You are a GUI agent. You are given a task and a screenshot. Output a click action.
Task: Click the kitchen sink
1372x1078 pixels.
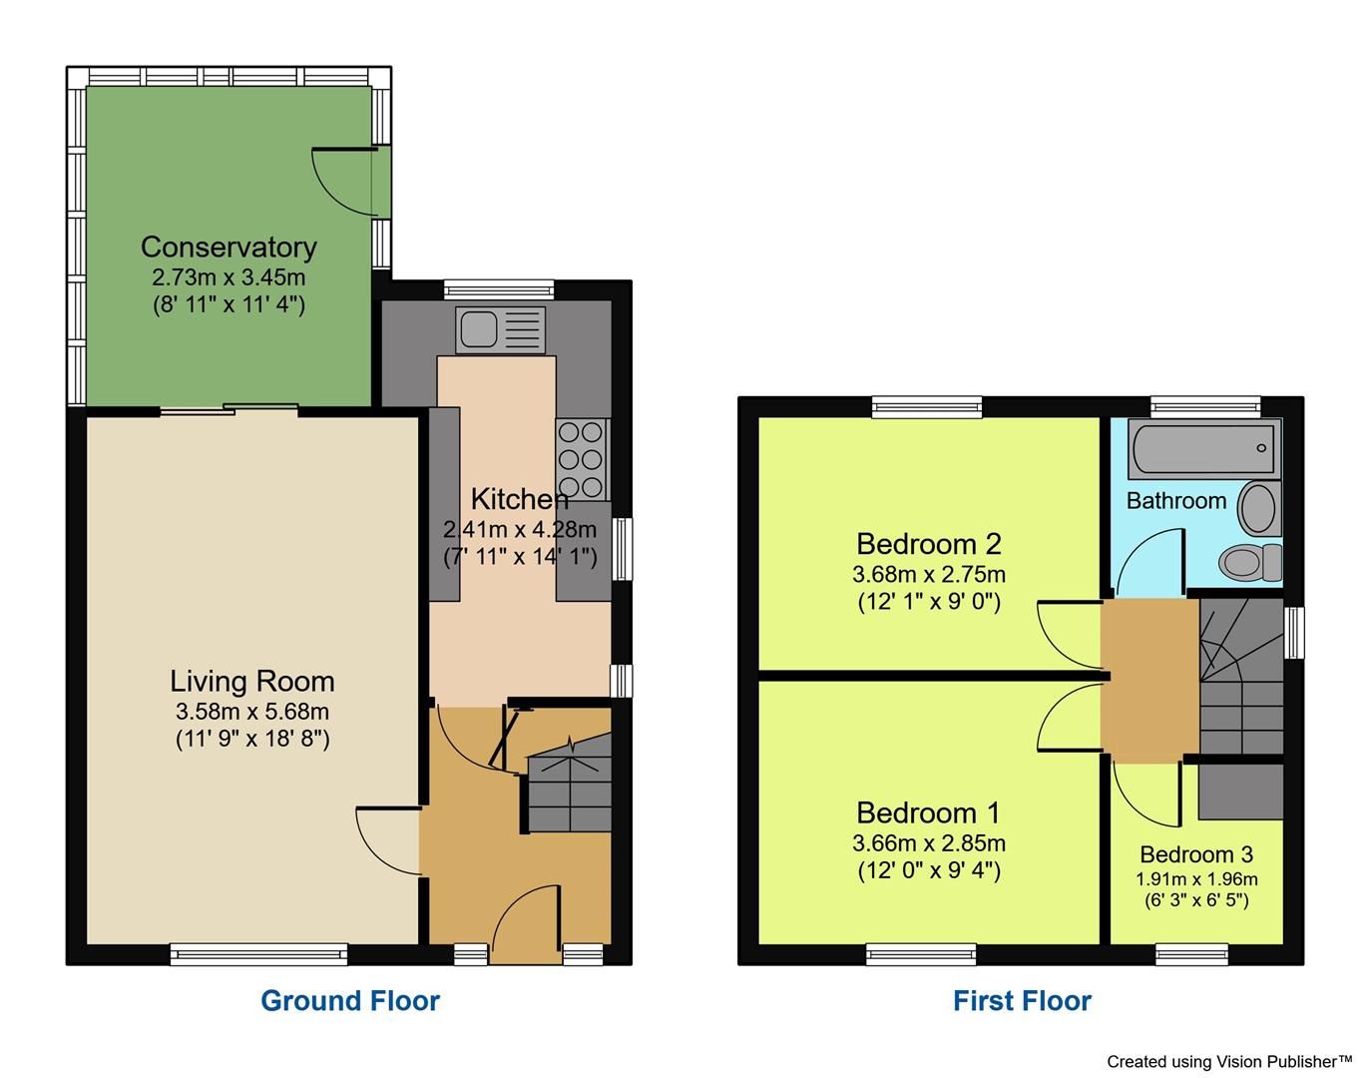pyautogui.click(x=501, y=329)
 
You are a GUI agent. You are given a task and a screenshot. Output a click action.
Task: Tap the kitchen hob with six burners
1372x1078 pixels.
pyautogui.click(x=582, y=459)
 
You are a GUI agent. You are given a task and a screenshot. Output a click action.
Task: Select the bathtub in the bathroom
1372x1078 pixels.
pyautogui.click(x=1202, y=449)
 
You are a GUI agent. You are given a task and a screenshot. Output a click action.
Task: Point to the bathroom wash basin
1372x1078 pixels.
pyautogui.click(x=1258, y=508)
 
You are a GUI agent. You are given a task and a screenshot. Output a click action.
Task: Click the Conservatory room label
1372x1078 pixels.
pyautogui.click(x=229, y=247)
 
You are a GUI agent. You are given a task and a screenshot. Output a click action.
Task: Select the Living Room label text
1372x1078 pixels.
pyautogui.click(x=251, y=681)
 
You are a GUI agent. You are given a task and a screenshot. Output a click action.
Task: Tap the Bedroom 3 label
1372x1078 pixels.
pyautogui.click(x=1195, y=854)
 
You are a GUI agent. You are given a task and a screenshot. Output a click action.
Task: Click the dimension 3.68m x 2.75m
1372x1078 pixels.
pyautogui.click(x=928, y=574)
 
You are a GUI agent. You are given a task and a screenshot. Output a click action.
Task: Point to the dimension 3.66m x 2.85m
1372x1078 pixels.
pyautogui.click(x=928, y=843)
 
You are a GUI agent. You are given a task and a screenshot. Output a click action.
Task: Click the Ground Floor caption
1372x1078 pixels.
pyautogui.click(x=349, y=1000)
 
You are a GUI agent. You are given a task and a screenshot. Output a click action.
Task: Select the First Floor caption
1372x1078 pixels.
pyautogui.click(x=1022, y=1000)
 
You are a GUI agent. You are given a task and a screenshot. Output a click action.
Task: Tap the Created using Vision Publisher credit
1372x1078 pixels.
pyautogui.click(x=1228, y=1061)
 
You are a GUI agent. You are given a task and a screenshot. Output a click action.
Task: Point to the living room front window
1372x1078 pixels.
pyautogui.click(x=258, y=953)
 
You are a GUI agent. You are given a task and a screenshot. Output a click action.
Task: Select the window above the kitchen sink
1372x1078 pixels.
pyautogui.click(x=498, y=289)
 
